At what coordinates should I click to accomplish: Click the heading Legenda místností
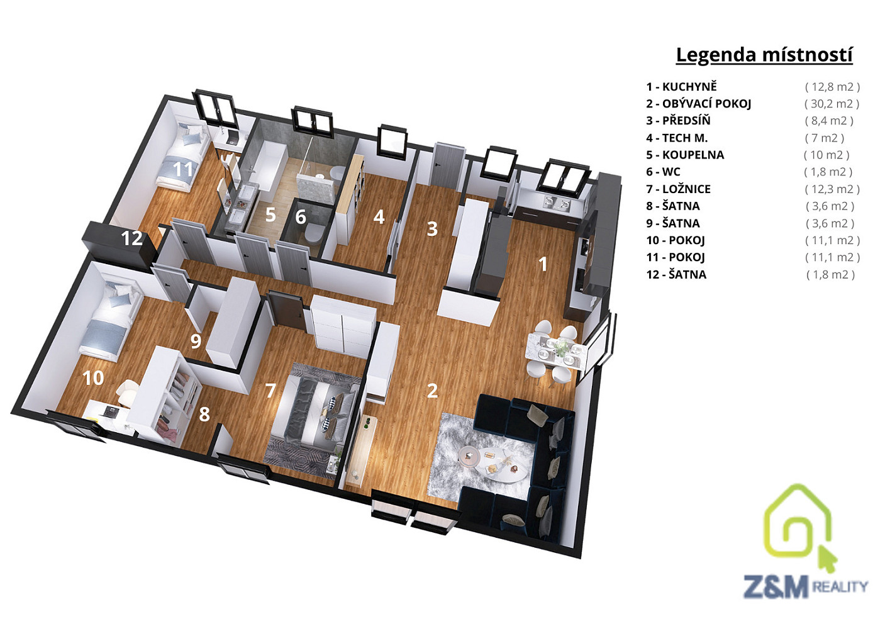(764, 55)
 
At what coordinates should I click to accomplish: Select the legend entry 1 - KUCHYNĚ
(681, 87)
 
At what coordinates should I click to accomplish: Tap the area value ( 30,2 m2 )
(832, 104)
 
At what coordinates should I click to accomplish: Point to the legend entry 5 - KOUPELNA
(685, 155)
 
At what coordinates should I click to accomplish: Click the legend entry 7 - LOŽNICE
(678, 189)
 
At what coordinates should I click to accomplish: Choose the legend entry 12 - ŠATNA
(676, 275)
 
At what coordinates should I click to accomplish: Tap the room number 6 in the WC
(301, 217)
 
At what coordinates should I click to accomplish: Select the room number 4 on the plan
(379, 217)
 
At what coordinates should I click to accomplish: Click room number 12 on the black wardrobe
(131, 238)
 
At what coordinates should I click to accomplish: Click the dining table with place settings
(555, 350)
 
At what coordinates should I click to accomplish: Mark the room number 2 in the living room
(432, 391)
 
